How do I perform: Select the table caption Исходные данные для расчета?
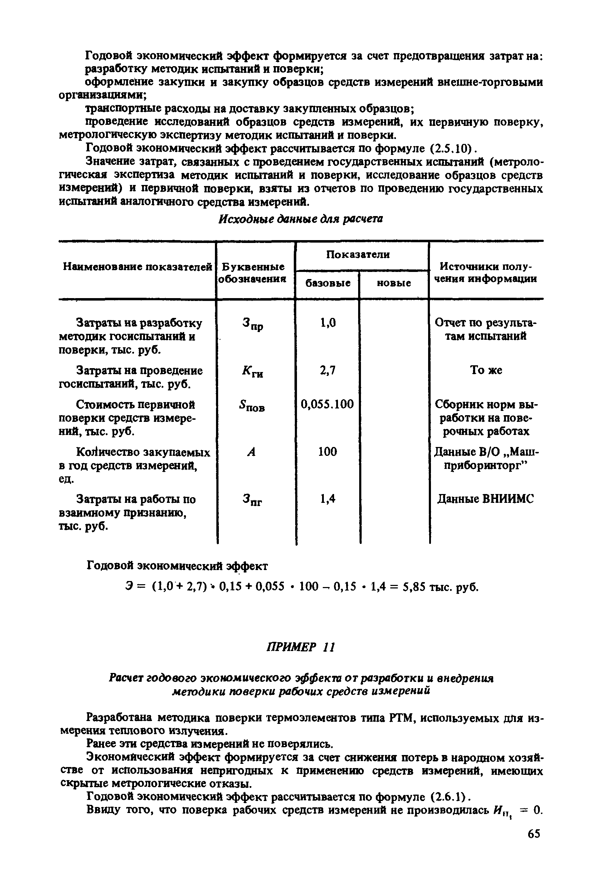click(301, 219)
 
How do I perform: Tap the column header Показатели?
click(358, 254)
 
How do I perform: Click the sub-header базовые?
click(327, 283)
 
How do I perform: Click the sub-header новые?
click(393, 283)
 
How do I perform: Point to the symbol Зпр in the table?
click(252, 324)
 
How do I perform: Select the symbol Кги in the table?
click(252, 372)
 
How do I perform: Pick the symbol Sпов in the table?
click(252, 406)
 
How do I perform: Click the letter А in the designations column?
click(252, 452)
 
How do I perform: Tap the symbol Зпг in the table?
click(252, 500)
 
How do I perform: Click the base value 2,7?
click(327, 371)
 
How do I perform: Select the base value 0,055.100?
click(327, 405)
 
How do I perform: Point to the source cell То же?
click(486, 370)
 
